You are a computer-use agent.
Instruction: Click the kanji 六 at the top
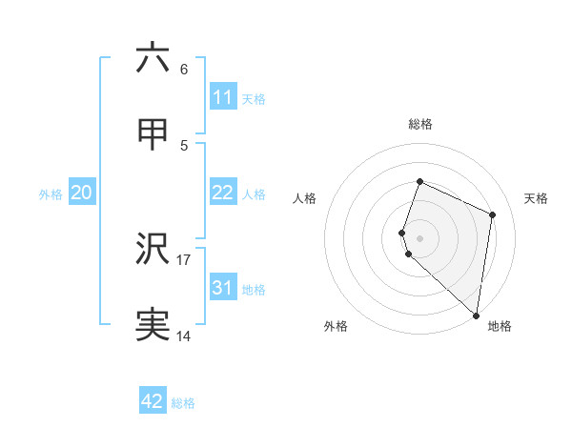(153, 58)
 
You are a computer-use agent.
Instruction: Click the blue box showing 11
(222, 97)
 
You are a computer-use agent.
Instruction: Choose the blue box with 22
(222, 193)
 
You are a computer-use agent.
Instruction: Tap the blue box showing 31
(222, 288)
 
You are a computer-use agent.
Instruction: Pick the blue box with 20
(82, 193)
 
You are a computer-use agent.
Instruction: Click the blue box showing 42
(153, 401)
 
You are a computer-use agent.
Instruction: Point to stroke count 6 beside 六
(184, 70)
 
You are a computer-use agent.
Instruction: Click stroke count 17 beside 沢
(184, 259)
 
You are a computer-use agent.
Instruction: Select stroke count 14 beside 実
(184, 336)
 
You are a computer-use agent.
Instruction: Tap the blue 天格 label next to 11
(254, 98)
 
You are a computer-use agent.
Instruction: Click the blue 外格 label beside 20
(51, 193)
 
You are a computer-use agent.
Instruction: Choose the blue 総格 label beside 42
(183, 402)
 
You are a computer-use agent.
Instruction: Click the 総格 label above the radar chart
(420, 124)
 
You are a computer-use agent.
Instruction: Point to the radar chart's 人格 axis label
(305, 198)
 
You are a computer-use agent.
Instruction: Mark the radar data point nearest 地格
(476, 316)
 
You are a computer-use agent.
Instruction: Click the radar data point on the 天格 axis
(492, 214)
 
